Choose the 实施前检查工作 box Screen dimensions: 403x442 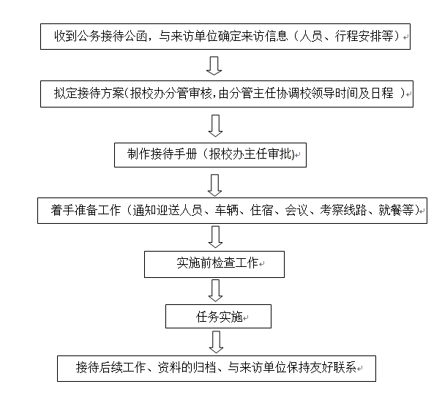click(214, 263)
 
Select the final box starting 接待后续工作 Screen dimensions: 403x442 click(217, 367)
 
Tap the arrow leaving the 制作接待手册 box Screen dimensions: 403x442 click(214, 182)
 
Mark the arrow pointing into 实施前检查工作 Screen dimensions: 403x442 click(214, 237)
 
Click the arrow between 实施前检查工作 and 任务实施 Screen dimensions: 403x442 click(214, 290)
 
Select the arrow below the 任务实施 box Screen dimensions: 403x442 click(214, 341)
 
